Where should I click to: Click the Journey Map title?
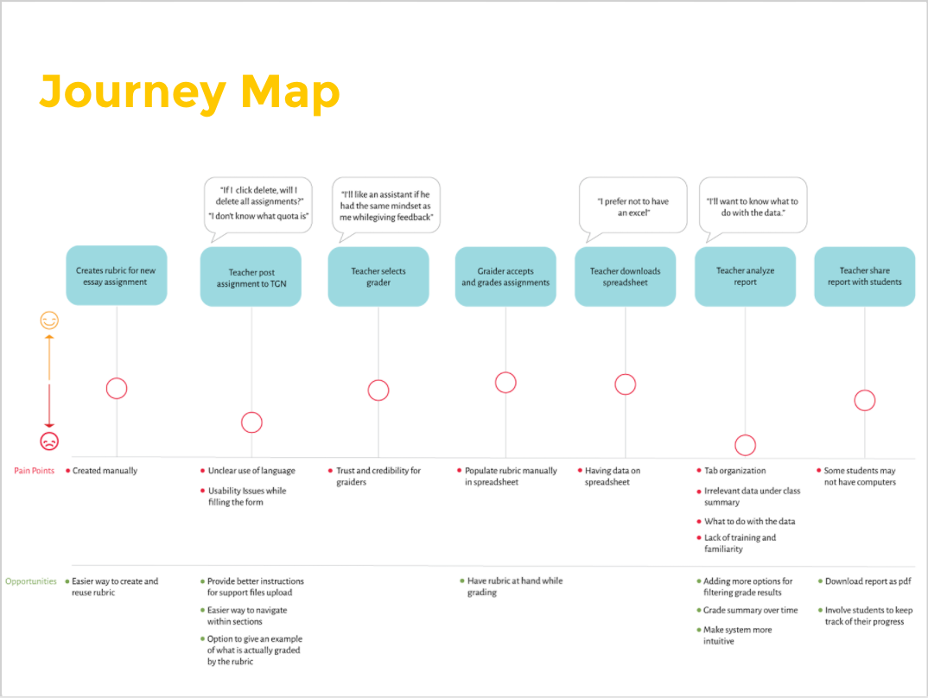[x=189, y=92]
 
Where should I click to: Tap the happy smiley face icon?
[x=50, y=320]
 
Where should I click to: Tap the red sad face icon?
[x=50, y=441]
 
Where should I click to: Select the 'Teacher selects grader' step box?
[x=378, y=276]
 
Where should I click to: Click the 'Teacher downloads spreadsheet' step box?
[x=625, y=276]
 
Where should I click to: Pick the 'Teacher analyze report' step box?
[x=745, y=276]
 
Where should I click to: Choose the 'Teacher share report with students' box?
[x=864, y=276]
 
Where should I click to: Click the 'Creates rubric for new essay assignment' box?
[x=117, y=276]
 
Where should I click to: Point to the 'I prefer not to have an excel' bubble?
[x=633, y=206]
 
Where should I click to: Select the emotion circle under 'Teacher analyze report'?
[x=745, y=445]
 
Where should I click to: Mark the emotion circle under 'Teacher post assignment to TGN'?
[x=251, y=422]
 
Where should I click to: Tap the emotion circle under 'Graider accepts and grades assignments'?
[x=505, y=383]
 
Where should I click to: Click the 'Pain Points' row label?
[x=35, y=471]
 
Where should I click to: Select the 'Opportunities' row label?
[x=30, y=581]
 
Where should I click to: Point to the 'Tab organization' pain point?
[x=734, y=471]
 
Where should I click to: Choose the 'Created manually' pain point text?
[x=105, y=471]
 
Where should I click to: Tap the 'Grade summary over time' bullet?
[x=744, y=610]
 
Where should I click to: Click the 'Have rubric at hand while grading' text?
[x=514, y=587]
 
